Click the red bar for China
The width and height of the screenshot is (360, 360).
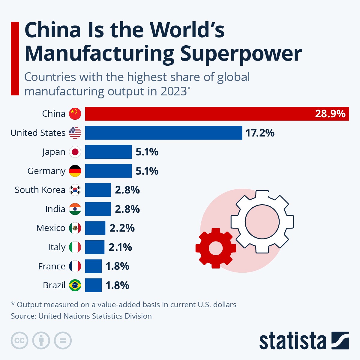click(x=198, y=114)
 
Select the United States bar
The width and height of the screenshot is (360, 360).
click(x=163, y=133)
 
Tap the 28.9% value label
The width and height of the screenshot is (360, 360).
click(x=330, y=114)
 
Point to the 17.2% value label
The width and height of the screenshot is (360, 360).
click(x=260, y=133)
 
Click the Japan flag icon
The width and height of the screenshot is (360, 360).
click(x=75, y=152)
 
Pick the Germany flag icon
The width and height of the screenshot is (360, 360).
click(x=75, y=171)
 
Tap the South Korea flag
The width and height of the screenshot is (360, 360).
click(x=75, y=190)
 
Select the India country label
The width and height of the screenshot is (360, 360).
click(x=55, y=209)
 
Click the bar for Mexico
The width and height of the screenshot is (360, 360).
click(x=95, y=228)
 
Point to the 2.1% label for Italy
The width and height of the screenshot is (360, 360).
click(x=120, y=247)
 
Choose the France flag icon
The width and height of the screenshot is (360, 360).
click(x=75, y=266)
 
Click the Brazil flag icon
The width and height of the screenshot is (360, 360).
click(x=75, y=285)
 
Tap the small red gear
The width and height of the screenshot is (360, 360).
click(x=215, y=248)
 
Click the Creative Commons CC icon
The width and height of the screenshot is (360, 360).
click(x=19, y=340)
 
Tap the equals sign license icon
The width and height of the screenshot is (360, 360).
click(x=63, y=340)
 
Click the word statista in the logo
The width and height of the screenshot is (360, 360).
click(x=292, y=341)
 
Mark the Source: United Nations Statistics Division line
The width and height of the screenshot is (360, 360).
click(x=81, y=316)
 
